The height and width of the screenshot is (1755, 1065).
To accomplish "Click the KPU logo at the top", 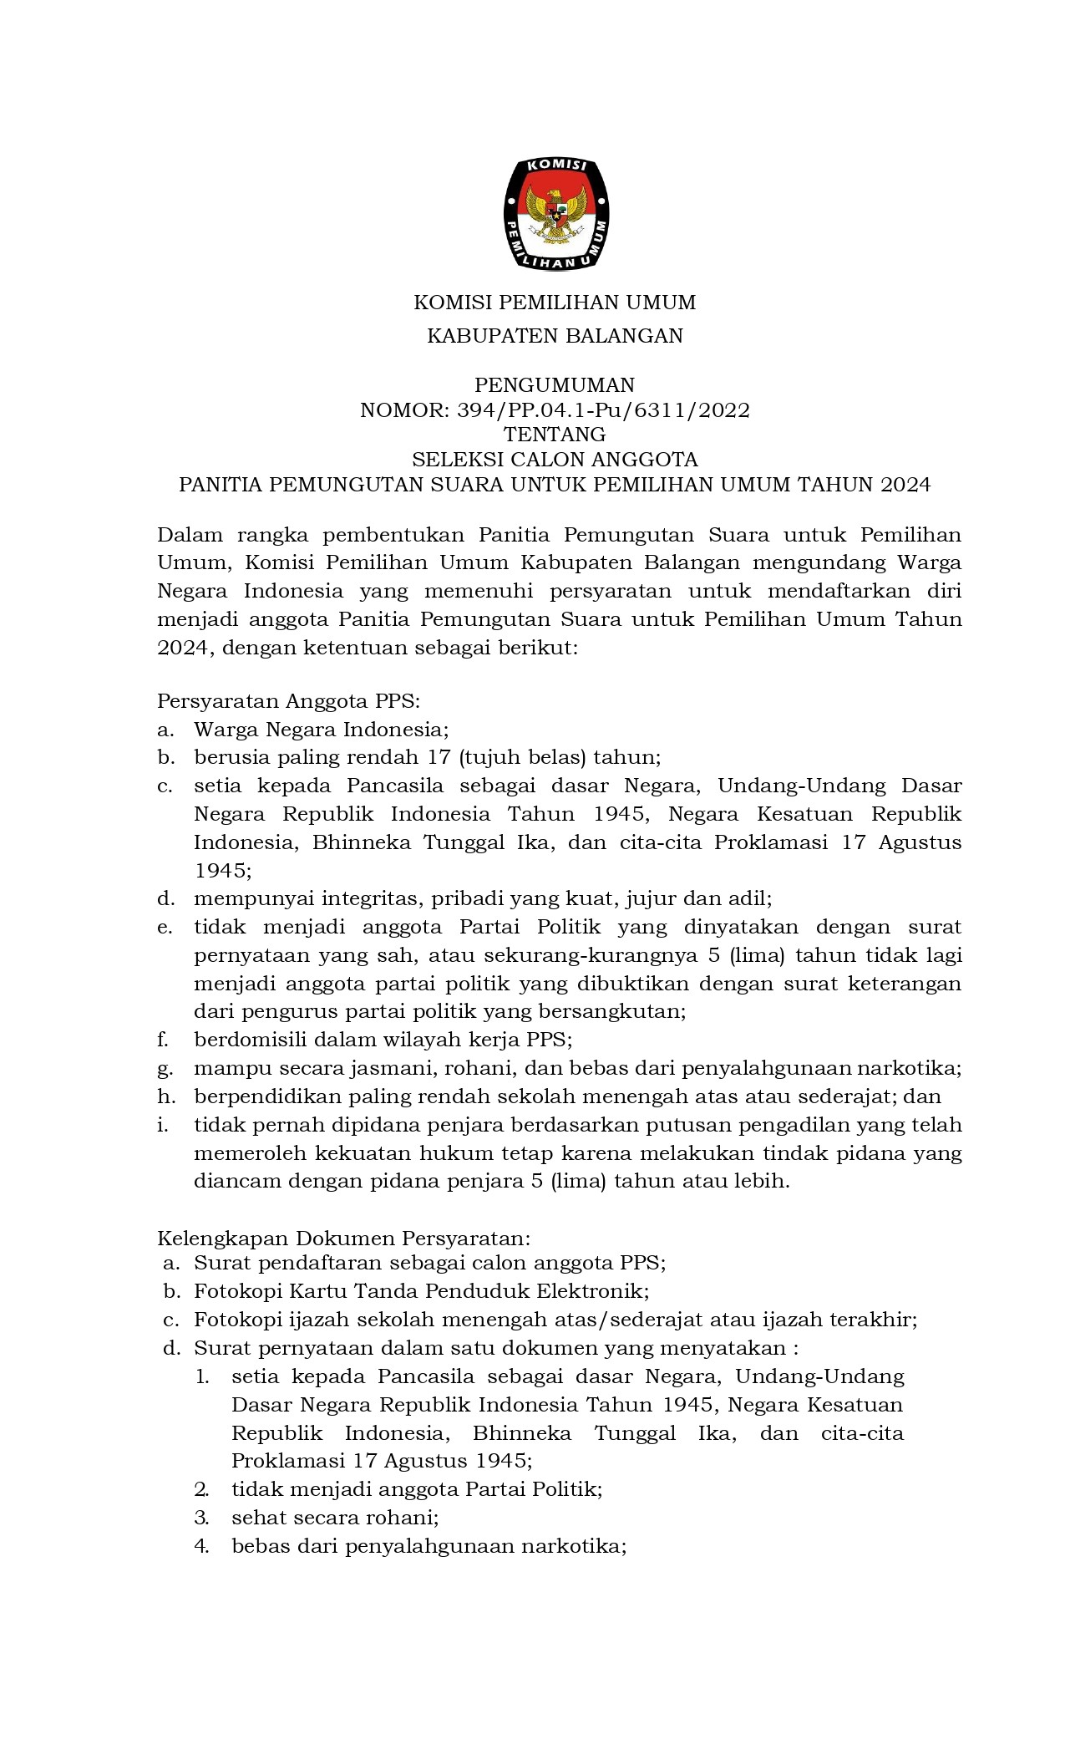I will coord(555,214).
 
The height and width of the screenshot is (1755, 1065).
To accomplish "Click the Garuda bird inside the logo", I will coord(555,211).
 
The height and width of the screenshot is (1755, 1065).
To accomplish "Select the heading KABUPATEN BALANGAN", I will coord(555,336).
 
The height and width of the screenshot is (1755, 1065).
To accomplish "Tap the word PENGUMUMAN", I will coord(555,385).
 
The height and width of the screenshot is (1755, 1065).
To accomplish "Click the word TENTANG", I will coord(555,435).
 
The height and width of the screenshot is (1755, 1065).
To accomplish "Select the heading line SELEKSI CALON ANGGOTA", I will coord(555,460).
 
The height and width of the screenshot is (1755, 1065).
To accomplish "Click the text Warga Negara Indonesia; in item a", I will coord(322,730).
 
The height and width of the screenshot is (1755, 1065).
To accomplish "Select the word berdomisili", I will coord(247,1040).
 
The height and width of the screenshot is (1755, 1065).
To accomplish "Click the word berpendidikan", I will coord(265,1096).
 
